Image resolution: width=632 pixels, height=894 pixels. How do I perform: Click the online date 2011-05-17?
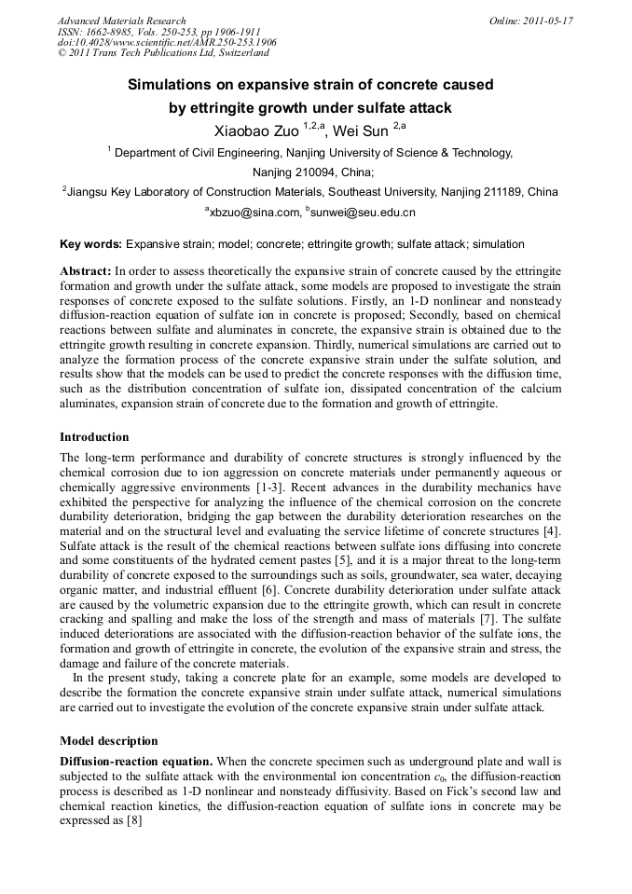(x=544, y=21)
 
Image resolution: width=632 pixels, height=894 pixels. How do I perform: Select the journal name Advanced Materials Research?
(x=121, y=21)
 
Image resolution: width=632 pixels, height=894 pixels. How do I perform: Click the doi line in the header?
(x=167, y=43)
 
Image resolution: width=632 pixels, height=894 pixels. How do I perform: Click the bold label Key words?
(x=90, y=244)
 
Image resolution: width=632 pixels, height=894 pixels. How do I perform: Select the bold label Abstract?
(x=86, y=269)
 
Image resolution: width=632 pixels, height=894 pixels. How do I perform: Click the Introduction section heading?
(x=94, y=436)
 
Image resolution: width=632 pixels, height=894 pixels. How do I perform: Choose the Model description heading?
(x=108, y=741)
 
